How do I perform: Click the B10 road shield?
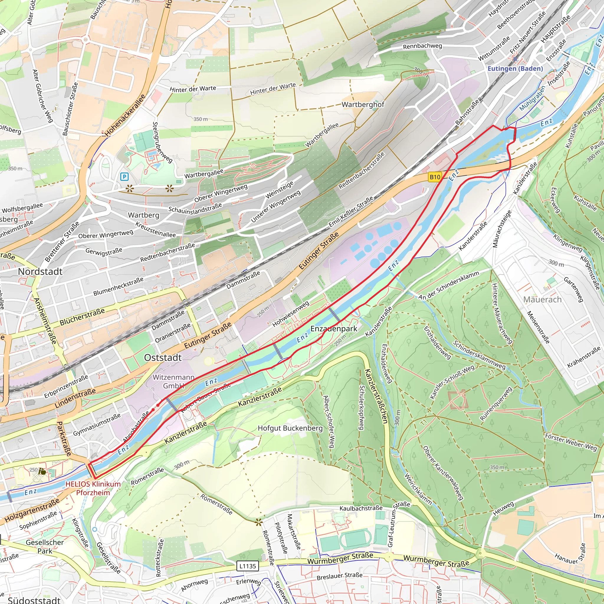[435, 177]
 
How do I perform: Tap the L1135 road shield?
[248, 566]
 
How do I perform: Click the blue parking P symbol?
[124, 177]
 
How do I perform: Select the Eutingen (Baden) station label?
[515, 68]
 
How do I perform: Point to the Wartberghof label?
[363, 104]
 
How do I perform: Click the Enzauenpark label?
[334, 329]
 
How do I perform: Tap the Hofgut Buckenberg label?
[290, 428]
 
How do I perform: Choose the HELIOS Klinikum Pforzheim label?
[93, 488]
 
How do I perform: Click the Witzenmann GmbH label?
[173, 381]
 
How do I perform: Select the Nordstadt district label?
[40, 271]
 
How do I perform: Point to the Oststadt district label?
[163, 358]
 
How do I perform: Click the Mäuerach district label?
[542, 300]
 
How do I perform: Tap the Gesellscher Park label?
[45, 546]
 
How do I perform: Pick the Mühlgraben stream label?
[532, 98]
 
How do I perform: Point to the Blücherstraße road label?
[82, 317]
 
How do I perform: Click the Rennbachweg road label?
[422, 46]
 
